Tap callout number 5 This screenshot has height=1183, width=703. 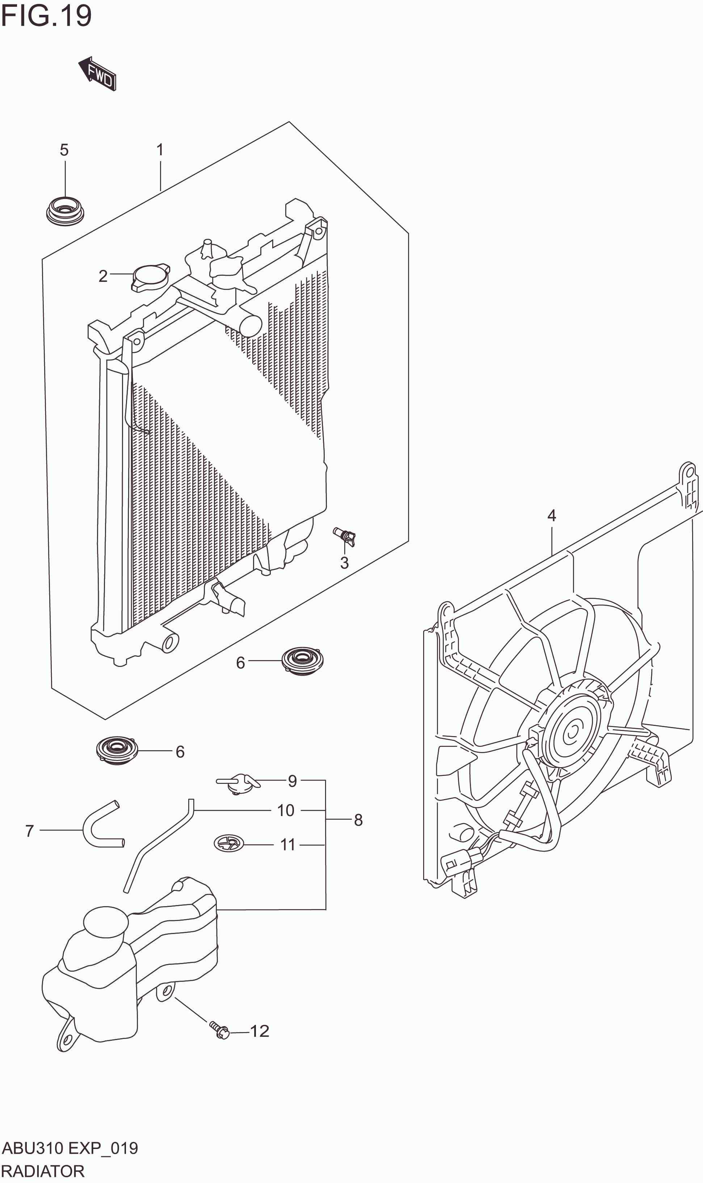click(x=64, y=150)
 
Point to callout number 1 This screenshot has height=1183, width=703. click(x=160, y=150)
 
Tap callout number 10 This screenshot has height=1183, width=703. click(x=286, y=810)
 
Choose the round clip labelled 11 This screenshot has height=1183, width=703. click(x=228, y=843)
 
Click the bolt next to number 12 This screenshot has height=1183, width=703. click(x=220, y=1030)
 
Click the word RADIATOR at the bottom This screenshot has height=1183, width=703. click(x=43, y=1171)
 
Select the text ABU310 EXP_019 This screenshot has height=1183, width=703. click(x=70, y=1148)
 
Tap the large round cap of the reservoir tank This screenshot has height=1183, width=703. click(x=106, y=921)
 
